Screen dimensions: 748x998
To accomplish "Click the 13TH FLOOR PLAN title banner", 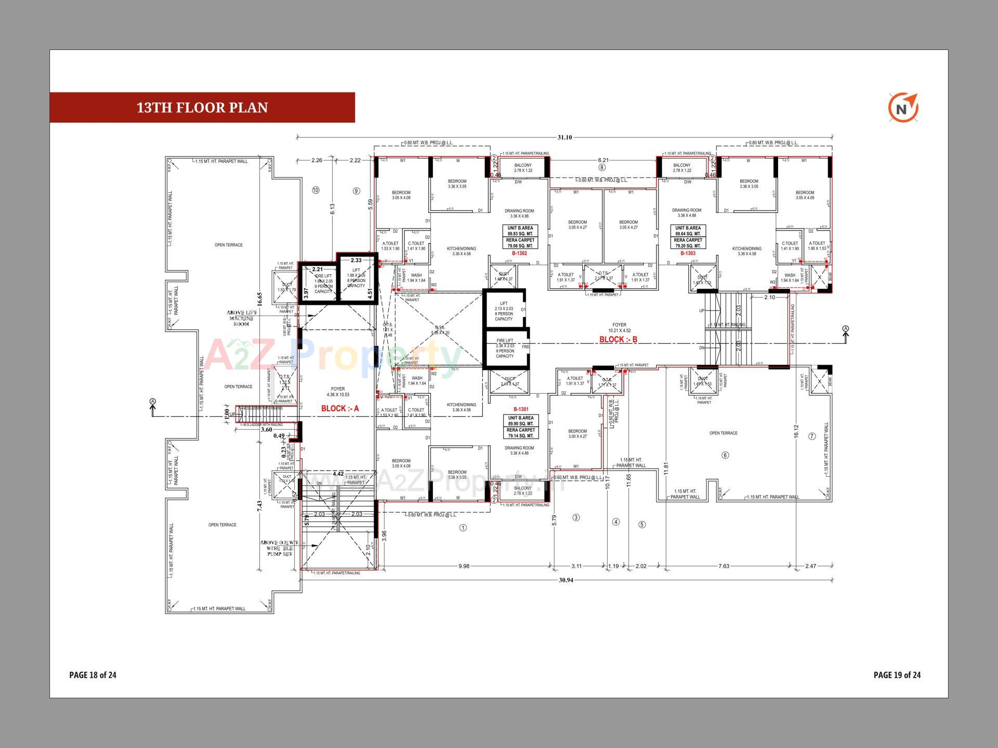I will (202, 108).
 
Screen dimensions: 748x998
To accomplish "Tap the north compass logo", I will (903, 109).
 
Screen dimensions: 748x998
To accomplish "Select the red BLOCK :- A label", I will (340, 408).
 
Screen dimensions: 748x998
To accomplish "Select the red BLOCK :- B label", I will (618, 339).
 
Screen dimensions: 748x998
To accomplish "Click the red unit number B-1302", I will (520, 253).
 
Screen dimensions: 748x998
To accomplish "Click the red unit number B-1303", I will (688, 253).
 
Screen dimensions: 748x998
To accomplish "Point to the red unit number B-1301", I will (521, 409).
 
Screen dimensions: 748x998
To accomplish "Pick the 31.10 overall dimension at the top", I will (564, 138).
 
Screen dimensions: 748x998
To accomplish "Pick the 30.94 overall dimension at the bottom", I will (566, 580).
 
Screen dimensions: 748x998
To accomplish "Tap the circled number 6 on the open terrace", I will (725, 455).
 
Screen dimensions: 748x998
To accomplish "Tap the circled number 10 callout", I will (316, 190).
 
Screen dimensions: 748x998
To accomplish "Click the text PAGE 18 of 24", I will (93, 675).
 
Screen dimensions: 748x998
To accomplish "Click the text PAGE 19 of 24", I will (897, 675).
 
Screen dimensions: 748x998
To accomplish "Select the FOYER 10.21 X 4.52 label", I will (619, 328).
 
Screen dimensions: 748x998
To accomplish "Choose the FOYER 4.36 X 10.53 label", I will (338, 392).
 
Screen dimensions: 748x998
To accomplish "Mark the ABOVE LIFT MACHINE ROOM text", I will (241, 318).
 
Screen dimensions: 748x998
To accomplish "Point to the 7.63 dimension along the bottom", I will (724, 566).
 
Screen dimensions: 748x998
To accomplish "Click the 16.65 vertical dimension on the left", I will (259, 299).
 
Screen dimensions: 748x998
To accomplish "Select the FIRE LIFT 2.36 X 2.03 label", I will (505, 348).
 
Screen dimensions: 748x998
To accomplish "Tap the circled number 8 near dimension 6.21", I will (602, 168).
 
